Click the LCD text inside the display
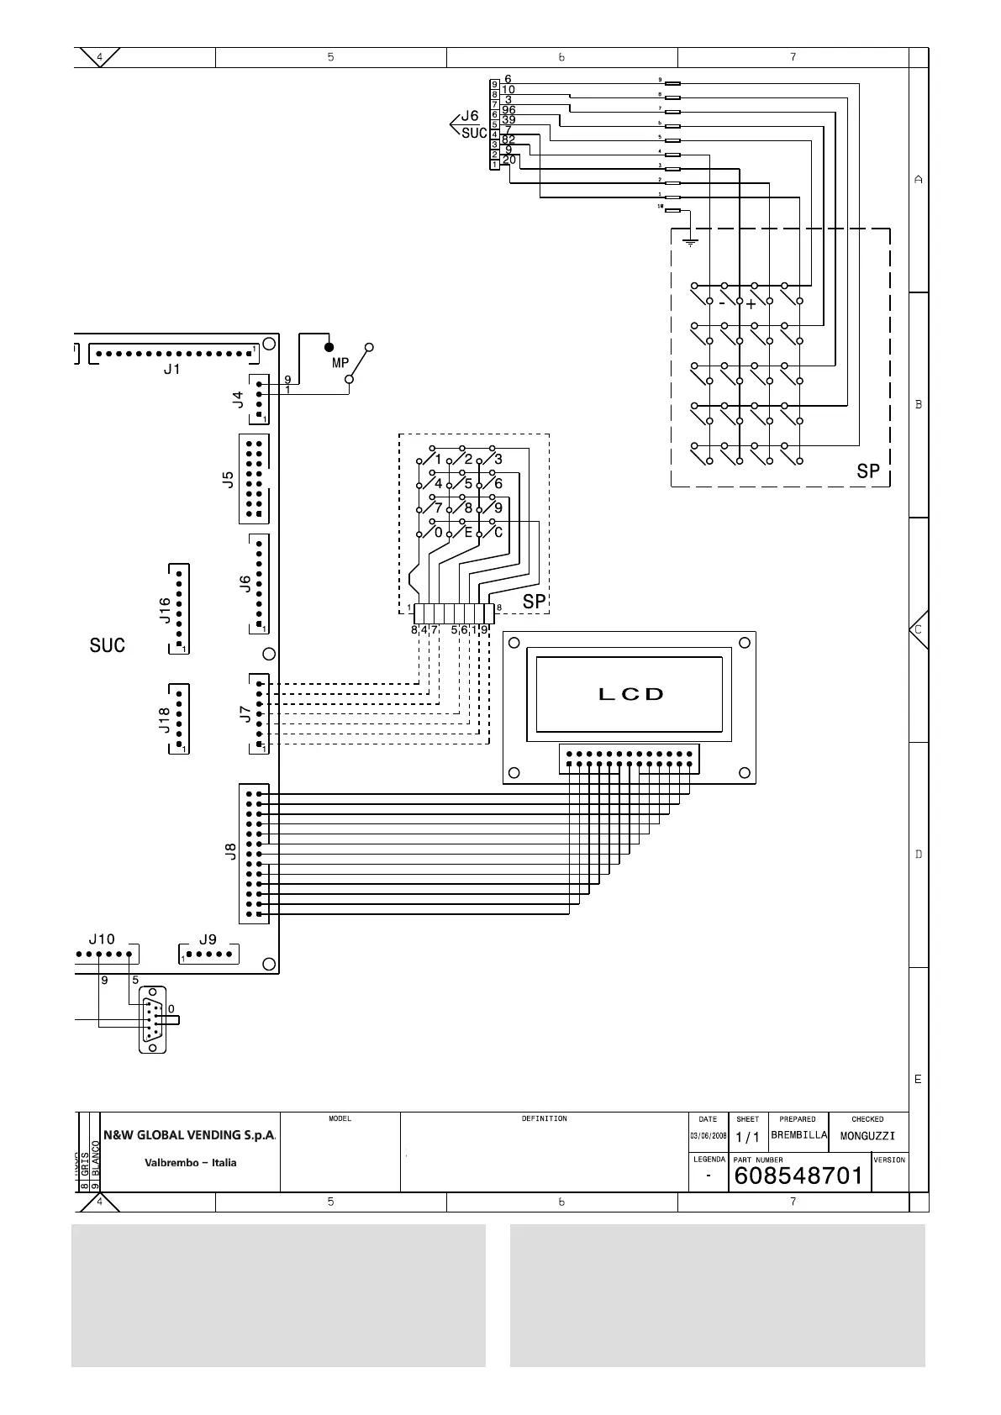(x=630, y=694)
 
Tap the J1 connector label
(x=171, y=369)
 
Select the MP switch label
(x=340, y=363)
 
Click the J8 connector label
(x=230, y=852)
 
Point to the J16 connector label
(x=166, y=610)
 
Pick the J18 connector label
(x=166, y=719)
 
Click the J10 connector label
(x=102, y=939)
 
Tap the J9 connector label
(x=208, y=939)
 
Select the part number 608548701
(x=798, y=1175)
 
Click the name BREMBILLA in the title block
(x=798, y=1135)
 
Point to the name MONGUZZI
(x=867, y=1136)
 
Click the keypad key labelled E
(x=468, y=532)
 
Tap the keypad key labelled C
(x=498, y=532)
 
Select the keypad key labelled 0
(x=438, y=532)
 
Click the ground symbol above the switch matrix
(x=690, y=242)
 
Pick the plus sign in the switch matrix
(x=751, y=304)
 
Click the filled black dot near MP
(x=329, y=346)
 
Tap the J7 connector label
(x=245, y=713)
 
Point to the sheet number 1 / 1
(x=747, y=1137)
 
